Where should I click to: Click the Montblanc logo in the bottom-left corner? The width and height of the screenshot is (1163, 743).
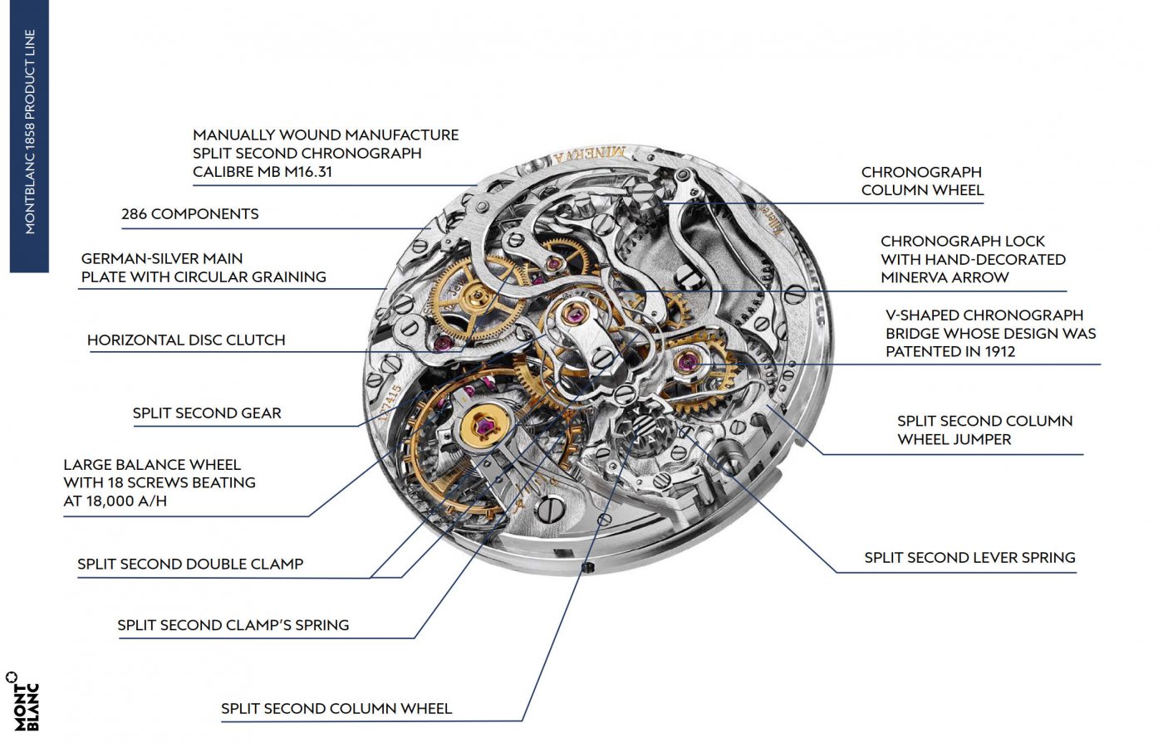click(x=23, y=701)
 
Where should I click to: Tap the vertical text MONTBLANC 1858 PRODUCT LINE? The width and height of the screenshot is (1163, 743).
click(x=30, y=133)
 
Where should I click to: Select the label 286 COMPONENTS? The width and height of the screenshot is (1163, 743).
click(x=189, y=214)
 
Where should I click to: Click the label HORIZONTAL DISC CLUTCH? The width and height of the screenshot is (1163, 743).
click(x=186, y=340)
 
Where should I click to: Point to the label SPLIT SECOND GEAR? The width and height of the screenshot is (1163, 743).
click(x=207, y=413)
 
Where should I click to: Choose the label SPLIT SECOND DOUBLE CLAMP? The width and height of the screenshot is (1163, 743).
click(x=190, y=565)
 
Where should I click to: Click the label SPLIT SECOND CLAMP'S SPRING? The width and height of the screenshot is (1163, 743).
click(x=233, y=626)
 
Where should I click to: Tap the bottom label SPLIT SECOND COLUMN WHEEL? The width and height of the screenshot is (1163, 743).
click(x=336, y=709)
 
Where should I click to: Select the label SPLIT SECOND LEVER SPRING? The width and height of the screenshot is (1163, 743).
click(x=969, y=558)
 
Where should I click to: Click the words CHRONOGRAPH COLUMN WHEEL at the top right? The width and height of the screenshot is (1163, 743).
click(x=922, y=181)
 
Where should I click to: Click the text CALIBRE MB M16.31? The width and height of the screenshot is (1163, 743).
click(x=263, y=172)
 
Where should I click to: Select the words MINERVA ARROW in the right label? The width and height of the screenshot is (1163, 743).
click(x=945, y=277)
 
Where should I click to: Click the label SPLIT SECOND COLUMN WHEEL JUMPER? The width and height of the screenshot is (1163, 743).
click(x=984, y=430)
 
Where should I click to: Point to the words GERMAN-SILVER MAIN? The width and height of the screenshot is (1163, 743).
click(x=162, y=259)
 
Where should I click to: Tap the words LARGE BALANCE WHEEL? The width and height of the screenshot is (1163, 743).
click(x=152, y=465)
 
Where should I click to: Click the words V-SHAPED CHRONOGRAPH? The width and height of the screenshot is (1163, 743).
click(x=984, y=315)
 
